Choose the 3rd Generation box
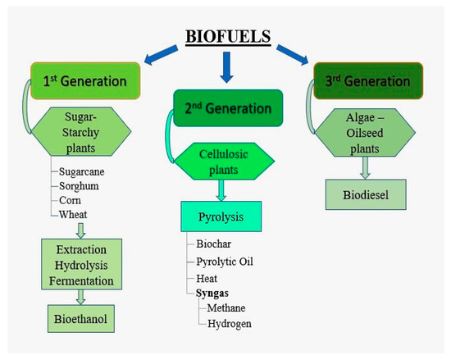pyautogui.click(x=362, y=81)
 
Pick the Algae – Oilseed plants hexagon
pyautogui.click(x=362, y=133)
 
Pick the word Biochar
pyautogui.click(x=215, y=244)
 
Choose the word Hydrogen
pyautogui.click(x=230, y=323)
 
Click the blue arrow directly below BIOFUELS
pyautogui.click(x=227, y=72)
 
